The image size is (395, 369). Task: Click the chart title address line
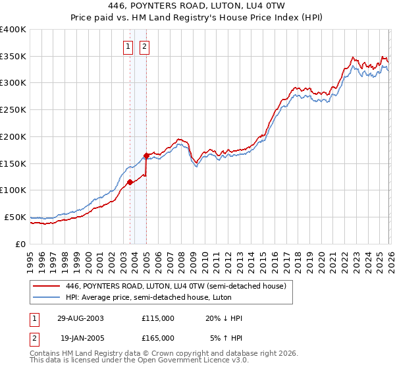(197, 5)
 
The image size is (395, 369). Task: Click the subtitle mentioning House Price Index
(197, 16)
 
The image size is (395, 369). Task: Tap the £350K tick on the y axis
(13, 57)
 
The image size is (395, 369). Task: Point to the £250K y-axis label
(13, 110)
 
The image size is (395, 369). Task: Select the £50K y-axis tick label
(15, 217)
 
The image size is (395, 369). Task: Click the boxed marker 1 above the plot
(129, 46)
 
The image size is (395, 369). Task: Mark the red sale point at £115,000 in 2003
(130, 183)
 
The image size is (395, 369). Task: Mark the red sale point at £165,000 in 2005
(146, 156)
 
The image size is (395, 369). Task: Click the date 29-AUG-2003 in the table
(80, 318)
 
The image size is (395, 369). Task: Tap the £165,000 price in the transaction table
(158, 337)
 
